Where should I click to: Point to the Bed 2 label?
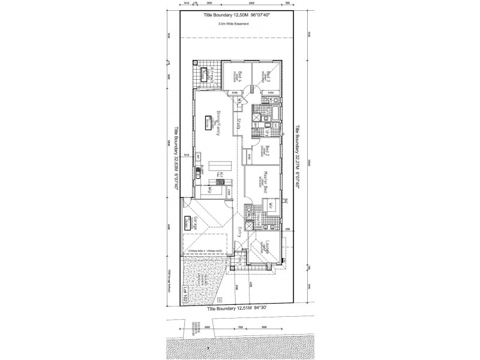point(268,151)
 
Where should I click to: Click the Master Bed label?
point(265,179)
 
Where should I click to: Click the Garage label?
point(196,223)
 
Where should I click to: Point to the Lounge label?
point(268,247)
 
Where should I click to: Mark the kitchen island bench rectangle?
point(229,166)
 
